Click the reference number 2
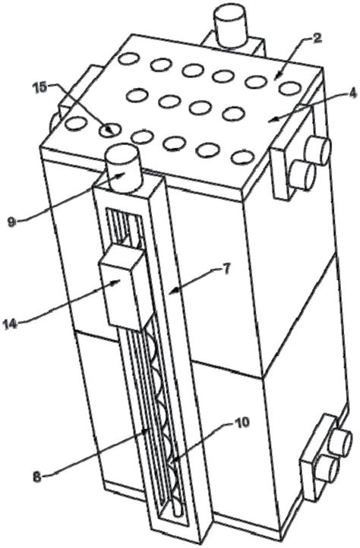click(x=316, y=39)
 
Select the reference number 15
click(x=40, y=87)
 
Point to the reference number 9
click(x=12, y=222)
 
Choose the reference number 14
click(x=10, y=323)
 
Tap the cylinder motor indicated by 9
click(x=123, y=168)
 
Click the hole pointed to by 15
click(x=110, y=131)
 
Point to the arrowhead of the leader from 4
click(x=270, y=121)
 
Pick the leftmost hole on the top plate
click(x=76, y=124)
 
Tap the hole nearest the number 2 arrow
click(x=256, y=82)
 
